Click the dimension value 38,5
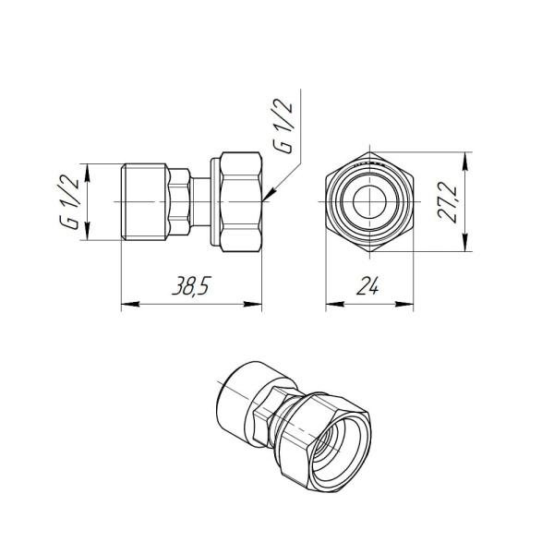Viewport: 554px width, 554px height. tap(189, 288)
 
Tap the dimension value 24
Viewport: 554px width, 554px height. tap(367, 288)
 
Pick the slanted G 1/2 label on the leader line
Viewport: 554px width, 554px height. tap(287, 130)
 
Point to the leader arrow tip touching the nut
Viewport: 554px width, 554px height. tap(264, 197)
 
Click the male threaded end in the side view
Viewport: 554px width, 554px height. tap(148, 203)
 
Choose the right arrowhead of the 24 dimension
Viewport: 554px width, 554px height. tap(408, 304)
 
